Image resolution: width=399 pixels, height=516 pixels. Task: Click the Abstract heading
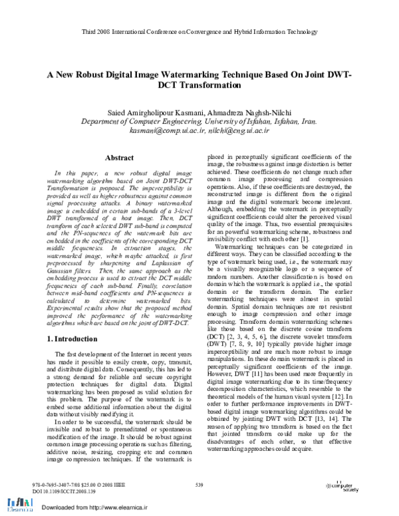pyautogui.click(x=120, y=158)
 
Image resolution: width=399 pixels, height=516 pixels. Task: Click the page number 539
pyautogui.click(x=199, y=485)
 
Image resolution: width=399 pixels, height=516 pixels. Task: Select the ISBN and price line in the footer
pyautogui.click(x=73, y=486)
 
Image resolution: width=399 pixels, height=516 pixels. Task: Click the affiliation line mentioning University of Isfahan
pyautogui.click(x=199, y=122)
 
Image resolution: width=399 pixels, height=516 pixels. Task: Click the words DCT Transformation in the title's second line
pyautogui.click(x=199, y=86)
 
